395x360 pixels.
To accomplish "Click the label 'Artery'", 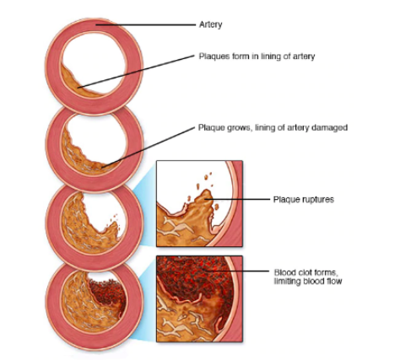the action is (x=210, y=24).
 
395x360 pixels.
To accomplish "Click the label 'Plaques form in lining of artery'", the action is (x=257, y=56).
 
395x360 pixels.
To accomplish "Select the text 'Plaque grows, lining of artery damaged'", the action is (x=273, y=127).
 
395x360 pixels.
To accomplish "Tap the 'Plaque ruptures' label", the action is (x=304, y=200).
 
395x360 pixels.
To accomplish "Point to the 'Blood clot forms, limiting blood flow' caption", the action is (x=308, y=277).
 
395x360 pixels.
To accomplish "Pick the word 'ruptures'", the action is (x=318, y=200).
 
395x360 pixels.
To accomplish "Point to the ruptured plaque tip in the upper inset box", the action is (x=207, y=194).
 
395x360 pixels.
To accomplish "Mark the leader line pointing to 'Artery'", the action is (x=145, y=24).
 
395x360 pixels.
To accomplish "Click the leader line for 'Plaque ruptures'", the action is (x=238, y=199).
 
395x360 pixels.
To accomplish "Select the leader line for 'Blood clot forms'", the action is (x=236, y=271).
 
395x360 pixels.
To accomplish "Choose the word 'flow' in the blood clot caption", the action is (x=334, y=281).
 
